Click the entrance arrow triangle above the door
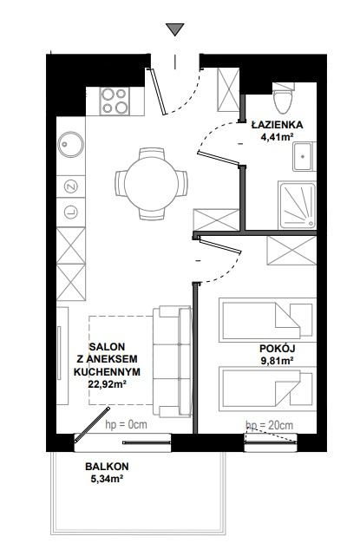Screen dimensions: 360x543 coord(174,29)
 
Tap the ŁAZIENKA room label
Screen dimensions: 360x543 coord(278,125)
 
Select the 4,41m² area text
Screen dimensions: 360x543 coord(278,137)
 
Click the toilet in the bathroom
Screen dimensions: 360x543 coord(284,98)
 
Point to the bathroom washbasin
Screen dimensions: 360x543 coord(304,156)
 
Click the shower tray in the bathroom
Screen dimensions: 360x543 coord(298,206)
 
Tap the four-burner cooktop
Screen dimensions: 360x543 coord(115,101)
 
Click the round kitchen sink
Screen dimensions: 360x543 coord(70,144)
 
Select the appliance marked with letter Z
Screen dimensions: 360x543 coord(70,186)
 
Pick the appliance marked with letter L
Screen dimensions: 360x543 coord(70,212)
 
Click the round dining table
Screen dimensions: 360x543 coord(152,184)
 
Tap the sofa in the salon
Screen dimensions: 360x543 coord(173,361)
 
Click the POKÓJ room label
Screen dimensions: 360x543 coord(278,349)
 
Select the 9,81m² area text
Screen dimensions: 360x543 coord(278,361)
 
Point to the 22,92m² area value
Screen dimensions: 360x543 coord(107,383)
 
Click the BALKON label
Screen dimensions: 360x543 coord(107,466)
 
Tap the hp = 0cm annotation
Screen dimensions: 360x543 coord(126,424)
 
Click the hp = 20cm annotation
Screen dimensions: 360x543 coord(270,425)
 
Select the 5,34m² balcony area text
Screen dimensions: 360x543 coord(107,479)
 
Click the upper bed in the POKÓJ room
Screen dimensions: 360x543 coord(267,320)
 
